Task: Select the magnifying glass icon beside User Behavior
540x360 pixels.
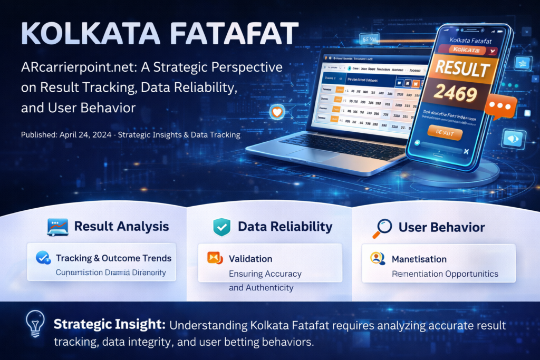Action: click(x=381, y=227)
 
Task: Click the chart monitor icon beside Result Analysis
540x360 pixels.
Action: click(x=56, y=227)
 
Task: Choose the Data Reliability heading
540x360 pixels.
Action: click(x=285, y=227)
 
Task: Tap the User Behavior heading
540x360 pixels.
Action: click(x=441, y=227)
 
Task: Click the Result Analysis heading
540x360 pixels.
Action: click(x=121, y=227)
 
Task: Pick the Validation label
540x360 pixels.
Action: click(x=250, y=259)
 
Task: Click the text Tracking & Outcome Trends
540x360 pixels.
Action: click(x=113, y=258)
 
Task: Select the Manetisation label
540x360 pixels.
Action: click(x=419, y=259)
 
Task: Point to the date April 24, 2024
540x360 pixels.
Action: click(x=82, y=135)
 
